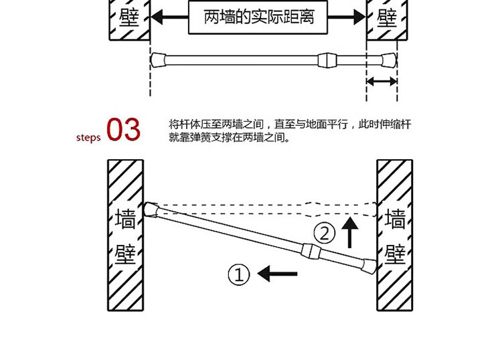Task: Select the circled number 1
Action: click(x=240, y=274)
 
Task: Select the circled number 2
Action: click(x=325, y=234)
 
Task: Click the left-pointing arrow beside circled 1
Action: click(x=278, y=273)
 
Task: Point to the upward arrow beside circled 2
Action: click(x=348, y=231)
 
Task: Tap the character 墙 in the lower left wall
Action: click(x=125, y=219)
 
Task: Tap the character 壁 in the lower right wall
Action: click(x=395, y=254)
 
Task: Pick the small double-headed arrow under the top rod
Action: click(x=382, y=82)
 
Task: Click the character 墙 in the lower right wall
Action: click(x=395, y=219)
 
